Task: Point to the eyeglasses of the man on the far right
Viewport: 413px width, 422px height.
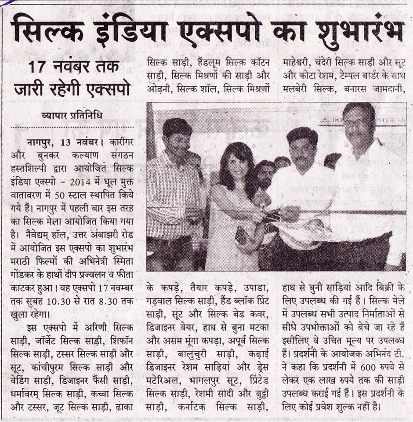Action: (x=357, y=123)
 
